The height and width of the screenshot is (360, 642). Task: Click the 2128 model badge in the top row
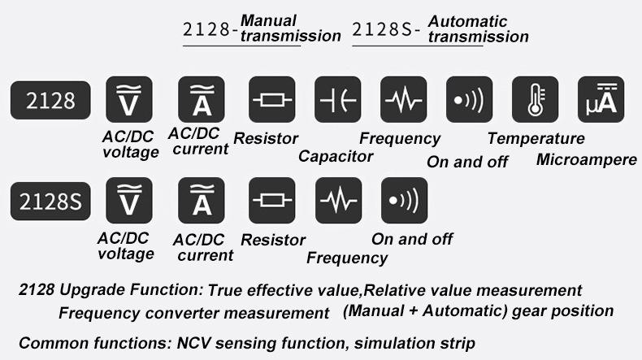coord(50,100)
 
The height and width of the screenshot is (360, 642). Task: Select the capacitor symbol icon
coord(337,100)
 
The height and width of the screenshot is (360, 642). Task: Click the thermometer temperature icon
coord(535,100)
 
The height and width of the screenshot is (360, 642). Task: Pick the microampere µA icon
coord(601,100)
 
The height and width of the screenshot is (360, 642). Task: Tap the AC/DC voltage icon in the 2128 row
coord(129,100)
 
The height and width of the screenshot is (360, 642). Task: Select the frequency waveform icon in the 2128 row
coord(403,100)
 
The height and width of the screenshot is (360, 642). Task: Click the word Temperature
coord(536,138)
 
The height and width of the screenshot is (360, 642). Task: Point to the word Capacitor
coord(336,156)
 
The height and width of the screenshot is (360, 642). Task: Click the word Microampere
coord(586,159)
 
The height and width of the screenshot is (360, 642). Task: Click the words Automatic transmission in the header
coord(478,28)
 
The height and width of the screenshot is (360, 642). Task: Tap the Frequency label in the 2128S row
coord(347,258)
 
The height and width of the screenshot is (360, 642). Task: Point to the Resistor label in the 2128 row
coord(265,138)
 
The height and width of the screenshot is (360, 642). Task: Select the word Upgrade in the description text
coord(90,290)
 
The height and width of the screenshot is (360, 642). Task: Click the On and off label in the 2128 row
coord(467,161)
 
